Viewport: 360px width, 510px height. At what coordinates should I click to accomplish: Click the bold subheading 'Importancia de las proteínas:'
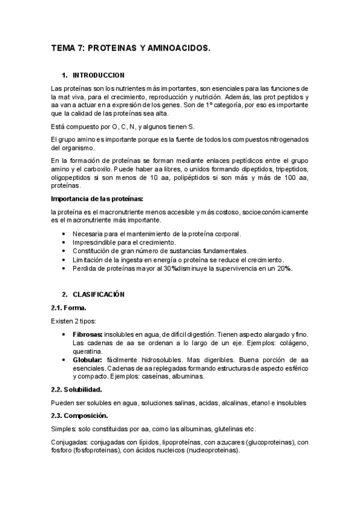pos(97,198)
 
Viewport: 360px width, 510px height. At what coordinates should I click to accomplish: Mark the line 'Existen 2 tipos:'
pos(73,321)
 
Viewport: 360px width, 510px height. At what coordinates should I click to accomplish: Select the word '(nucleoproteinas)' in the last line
pos(213,451)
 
